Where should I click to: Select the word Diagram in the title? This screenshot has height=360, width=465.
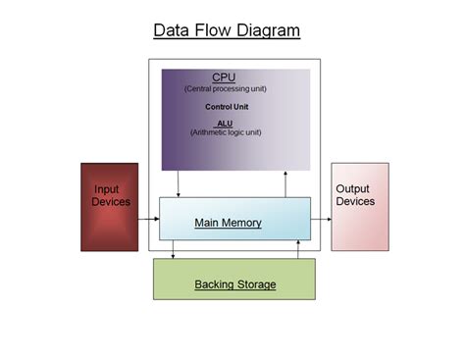click(x=266, y=30)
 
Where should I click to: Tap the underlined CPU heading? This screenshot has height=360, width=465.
click(x=225, y=77)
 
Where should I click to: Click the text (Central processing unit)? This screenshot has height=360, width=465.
click(x=225, y=89)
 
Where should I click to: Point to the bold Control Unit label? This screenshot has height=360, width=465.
click(x=225, y=106)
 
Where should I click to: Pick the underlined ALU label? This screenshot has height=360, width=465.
click(x=225, y=122)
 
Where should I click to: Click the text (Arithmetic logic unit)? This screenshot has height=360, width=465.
click(x=225, y=131)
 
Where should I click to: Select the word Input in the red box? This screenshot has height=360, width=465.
click(x=107, y=188)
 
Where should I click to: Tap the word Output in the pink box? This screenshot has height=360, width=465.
click(x=353, y=188)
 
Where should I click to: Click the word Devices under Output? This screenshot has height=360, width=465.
click(x=355, y=201)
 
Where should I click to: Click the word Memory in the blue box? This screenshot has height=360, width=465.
click(x=241, y=223)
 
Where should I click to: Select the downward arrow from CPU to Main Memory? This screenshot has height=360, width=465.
click(x=179, y=183)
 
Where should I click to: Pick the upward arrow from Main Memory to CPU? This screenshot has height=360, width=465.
click(x=285, y=183)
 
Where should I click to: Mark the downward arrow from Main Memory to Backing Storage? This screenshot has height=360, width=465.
click(x=174, y=250)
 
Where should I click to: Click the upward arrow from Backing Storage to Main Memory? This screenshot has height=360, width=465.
click(x=298, y=250)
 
